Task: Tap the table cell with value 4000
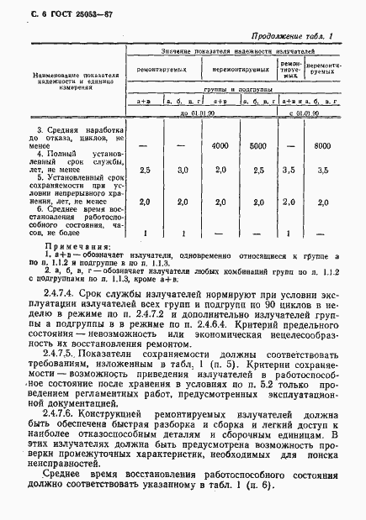(220, 145)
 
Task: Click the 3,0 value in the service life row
(183, 170)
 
